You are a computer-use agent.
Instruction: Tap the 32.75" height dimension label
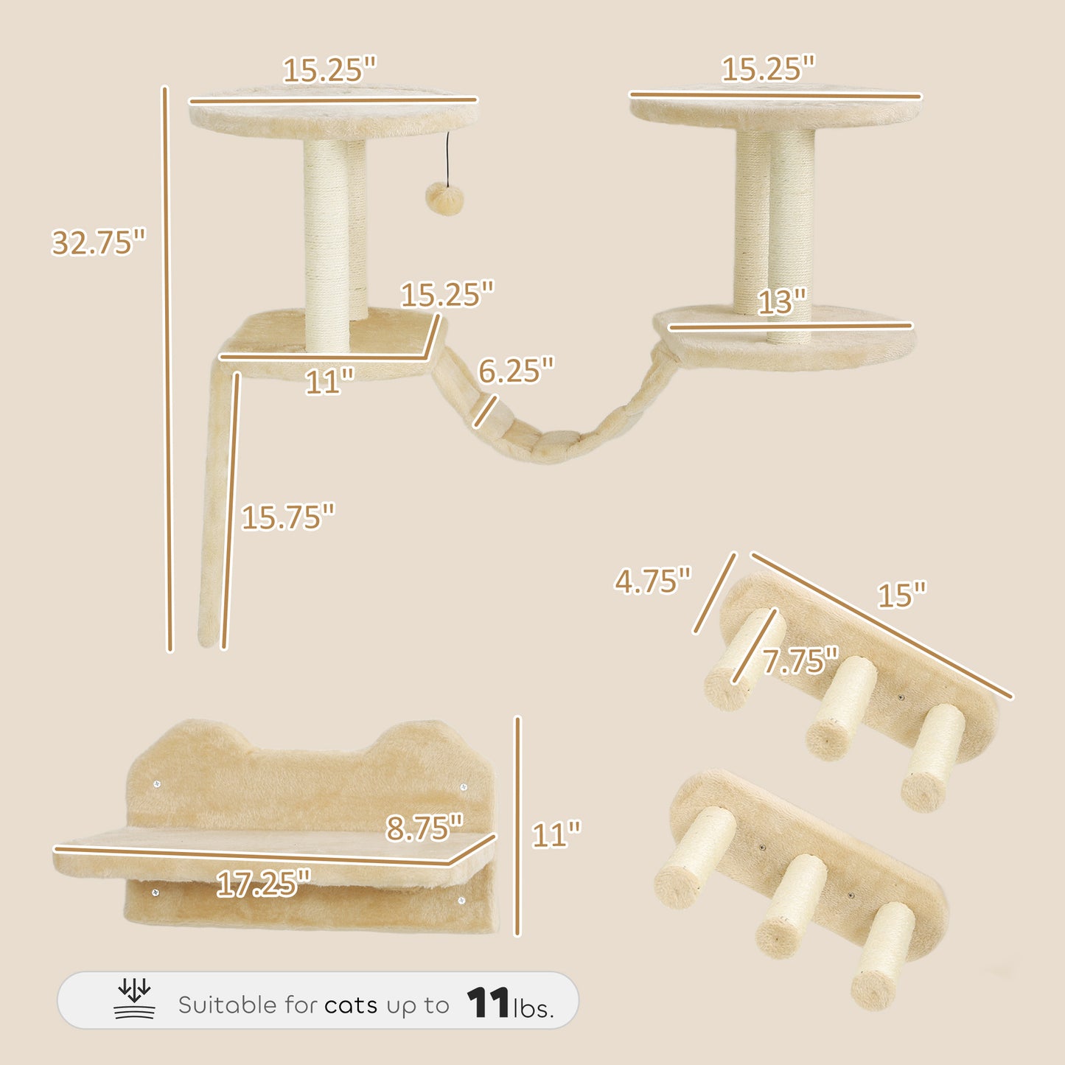(x=98, y=242)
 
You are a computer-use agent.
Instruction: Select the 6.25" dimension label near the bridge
(x=516, y=370)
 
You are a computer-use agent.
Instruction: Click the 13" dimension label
(x=781, y=301)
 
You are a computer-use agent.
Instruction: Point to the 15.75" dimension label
(x=288, y=517)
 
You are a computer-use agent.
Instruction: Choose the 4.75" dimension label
(x=653, y=581)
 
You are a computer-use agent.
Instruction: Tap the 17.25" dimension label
(x=264, y=883)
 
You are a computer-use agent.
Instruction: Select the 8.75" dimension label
(x=425, y=828)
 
